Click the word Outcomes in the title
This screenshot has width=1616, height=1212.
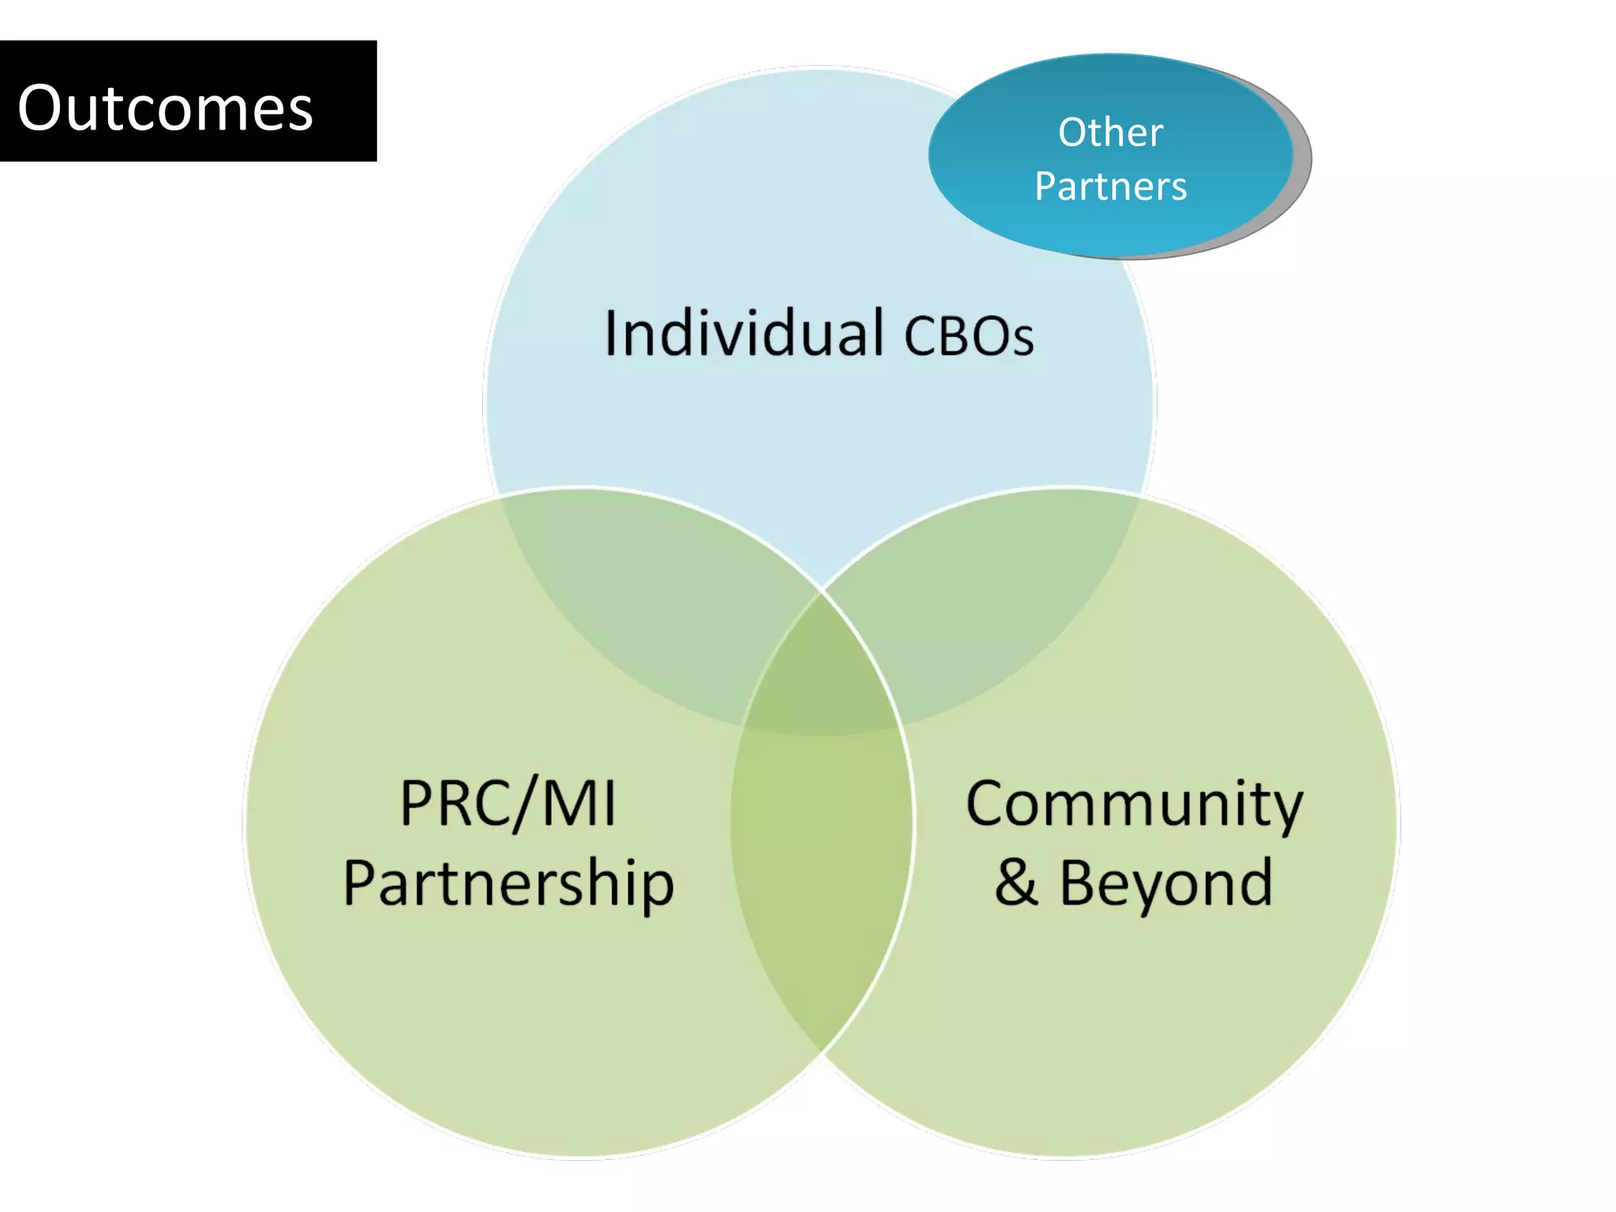(165, 108)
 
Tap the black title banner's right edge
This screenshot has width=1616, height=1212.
(375, 101)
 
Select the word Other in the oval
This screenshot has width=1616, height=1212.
(1110, 132)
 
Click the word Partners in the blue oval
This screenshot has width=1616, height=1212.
(1110, 187)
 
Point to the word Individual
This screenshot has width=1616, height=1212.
(743, 333)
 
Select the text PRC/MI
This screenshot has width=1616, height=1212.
(507, 803)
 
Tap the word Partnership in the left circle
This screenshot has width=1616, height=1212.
(508, 885)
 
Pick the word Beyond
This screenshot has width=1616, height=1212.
(1165, 883)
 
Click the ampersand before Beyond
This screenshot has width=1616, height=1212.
(1016, 883)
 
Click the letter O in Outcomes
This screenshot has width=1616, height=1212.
(40, 108)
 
